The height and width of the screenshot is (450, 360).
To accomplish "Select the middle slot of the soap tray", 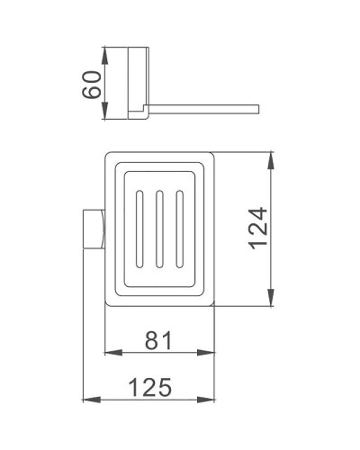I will point(160,229).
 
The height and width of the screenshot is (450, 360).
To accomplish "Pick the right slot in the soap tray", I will point(179,229).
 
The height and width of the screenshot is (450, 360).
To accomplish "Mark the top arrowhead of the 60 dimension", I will point(108,49).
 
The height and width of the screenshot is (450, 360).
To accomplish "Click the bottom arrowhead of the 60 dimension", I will point(108,120).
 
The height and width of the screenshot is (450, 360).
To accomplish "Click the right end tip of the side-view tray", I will point(258,109).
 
